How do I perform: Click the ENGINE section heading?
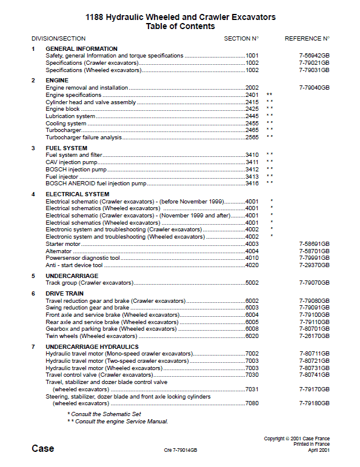point(57,80)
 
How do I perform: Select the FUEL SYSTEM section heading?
point(66,148)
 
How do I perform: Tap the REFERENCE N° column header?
point(307,38)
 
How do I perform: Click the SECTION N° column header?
point(241,38)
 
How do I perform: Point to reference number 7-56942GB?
point(314,56)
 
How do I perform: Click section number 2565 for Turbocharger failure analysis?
point(252,137)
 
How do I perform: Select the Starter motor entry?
point(64,243)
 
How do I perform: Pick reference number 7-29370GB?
point(314,265)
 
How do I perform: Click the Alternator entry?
point(59,251)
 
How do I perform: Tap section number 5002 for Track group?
point(252,283)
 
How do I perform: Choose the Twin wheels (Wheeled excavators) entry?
point(91,336)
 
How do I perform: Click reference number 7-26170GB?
point(314,336)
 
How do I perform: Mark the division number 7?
point(33,346)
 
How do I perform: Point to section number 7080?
point(252,403)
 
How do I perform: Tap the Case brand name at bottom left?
point(42,449)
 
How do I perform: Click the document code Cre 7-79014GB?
point(180,451)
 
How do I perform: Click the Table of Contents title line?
point(180,27)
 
